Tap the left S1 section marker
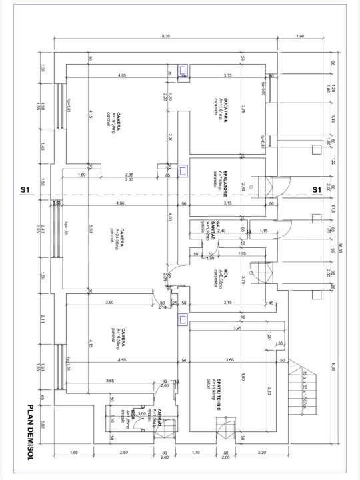click(25, 190)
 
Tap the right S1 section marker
click(318, 190)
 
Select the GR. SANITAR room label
click(213, 229)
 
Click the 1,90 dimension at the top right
click(299, 36)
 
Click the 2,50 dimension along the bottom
click(123, 453)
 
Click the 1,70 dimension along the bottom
click(196, 453)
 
